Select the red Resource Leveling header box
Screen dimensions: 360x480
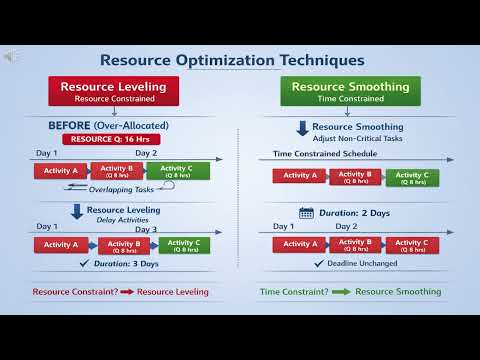pos(113,91)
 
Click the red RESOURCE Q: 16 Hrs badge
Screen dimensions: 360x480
pos(112,139)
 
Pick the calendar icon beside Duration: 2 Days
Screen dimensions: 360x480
pos(306,212)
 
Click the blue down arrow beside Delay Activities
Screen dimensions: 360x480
pos(76,212)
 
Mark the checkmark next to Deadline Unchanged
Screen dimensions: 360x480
pos(318,263)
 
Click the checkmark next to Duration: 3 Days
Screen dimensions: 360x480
pos(85,264)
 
